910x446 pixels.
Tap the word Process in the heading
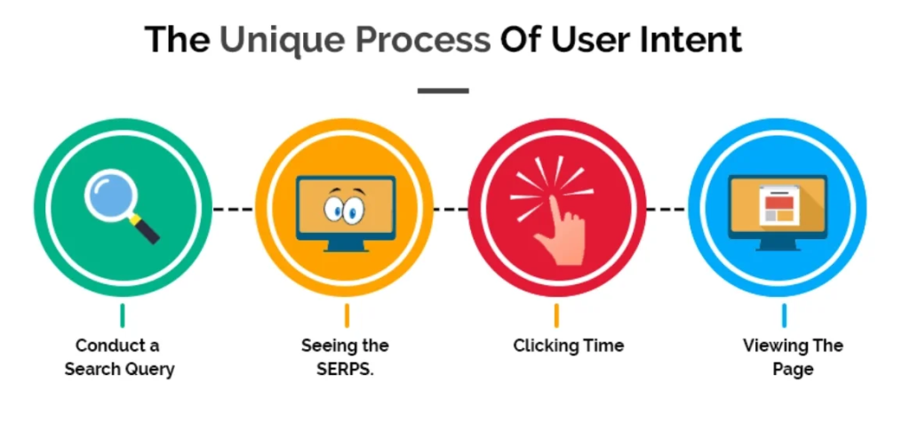pyautogui.click(x=422, y=40)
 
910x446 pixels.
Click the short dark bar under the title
pyautogui.click(x=443, y=91)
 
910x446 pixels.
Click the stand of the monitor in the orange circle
pyautogui.click(x=346, y=246)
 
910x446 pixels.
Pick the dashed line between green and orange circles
pyautogui.click(x=233, y=209)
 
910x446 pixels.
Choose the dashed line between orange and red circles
pyautogui.click(x=451, y=209)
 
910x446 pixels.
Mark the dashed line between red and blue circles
pyautogui.click(x=667, y=209)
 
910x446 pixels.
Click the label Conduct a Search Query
pyautogui.click(x=119, y=357)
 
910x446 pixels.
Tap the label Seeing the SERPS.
pyautogui.click(x=345, y=357)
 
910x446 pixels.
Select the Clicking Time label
pyautogui.click(x=568, y=346)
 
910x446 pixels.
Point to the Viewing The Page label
pyautogui.click(x=793, y=357)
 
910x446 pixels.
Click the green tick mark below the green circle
pyautogui.click(x=123, y=315)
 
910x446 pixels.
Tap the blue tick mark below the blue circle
pyautogui.click(x=784, y=315)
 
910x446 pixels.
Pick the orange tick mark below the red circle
pyautogui.click(x=556, y=315)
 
